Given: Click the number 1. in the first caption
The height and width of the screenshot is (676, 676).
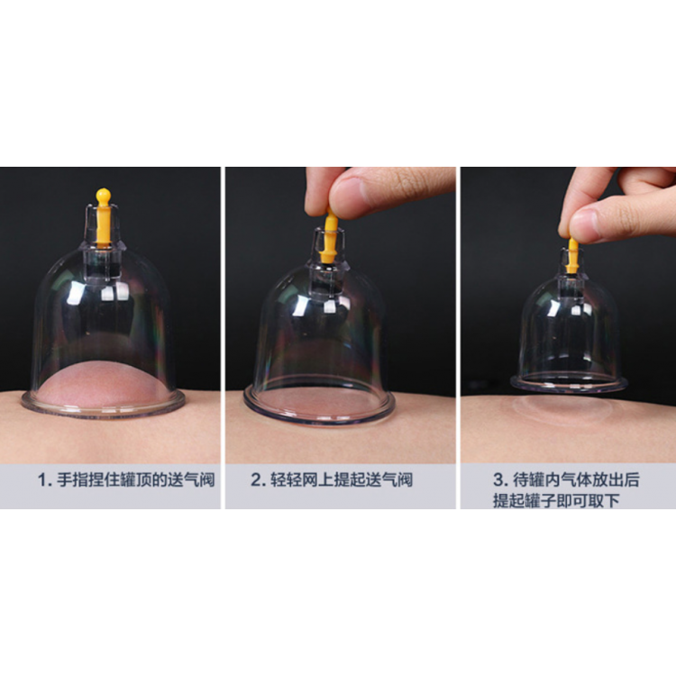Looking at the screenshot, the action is (45, 480).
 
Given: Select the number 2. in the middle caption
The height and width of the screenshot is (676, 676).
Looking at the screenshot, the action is (258, 480).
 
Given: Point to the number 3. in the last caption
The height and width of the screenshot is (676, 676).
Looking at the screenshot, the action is (500, 480).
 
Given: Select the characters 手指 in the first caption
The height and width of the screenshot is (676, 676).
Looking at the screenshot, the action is (73, 480).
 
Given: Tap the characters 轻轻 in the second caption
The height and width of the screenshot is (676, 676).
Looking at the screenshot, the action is (286, 480).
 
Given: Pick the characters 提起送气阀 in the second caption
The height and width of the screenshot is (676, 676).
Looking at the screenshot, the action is (373, 480).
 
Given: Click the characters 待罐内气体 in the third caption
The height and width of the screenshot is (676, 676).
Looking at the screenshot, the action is (552, 480).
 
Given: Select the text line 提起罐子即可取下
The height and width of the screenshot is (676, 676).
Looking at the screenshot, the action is (557, 500).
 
